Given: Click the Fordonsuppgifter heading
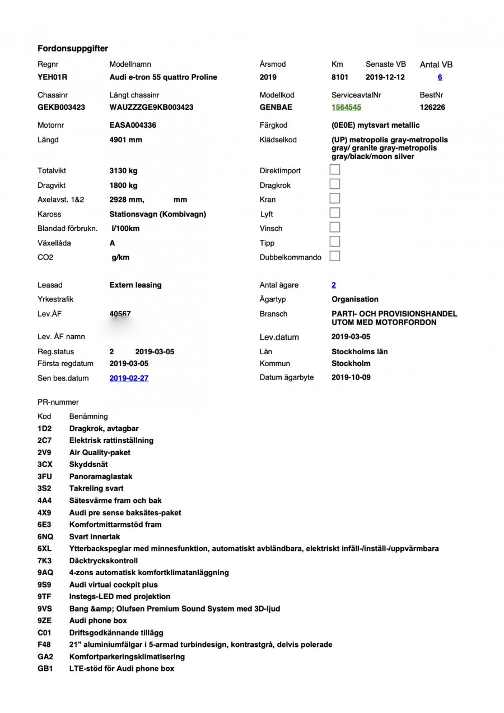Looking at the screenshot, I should pos(73,48).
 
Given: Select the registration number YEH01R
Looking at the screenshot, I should pos(52,77).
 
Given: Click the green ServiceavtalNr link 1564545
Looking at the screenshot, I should pos(346,107).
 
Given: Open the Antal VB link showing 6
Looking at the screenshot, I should pos(440,77).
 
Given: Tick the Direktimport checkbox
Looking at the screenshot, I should pos(335,170).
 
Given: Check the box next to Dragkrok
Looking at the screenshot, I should pos(335,184).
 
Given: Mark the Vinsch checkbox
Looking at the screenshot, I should pos(335,228).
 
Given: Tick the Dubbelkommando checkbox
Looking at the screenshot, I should pos(335,257).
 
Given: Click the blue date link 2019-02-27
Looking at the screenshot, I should pos(129,378).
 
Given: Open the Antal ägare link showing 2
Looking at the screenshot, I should pos(334,285).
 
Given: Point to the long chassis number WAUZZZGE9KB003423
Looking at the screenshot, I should pos(151,107).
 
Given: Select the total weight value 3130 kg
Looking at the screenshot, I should pos(123,170).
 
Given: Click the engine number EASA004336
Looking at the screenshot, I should pos(133,126).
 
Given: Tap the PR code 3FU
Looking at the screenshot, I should pos(45,476).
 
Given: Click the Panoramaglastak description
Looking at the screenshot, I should pos(101,476).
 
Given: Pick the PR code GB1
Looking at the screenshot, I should pos(45,668).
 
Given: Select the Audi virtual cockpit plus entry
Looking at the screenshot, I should pos(113,585).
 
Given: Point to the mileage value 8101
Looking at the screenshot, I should pos(340,77).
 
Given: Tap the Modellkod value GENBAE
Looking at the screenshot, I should pos(276,107).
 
